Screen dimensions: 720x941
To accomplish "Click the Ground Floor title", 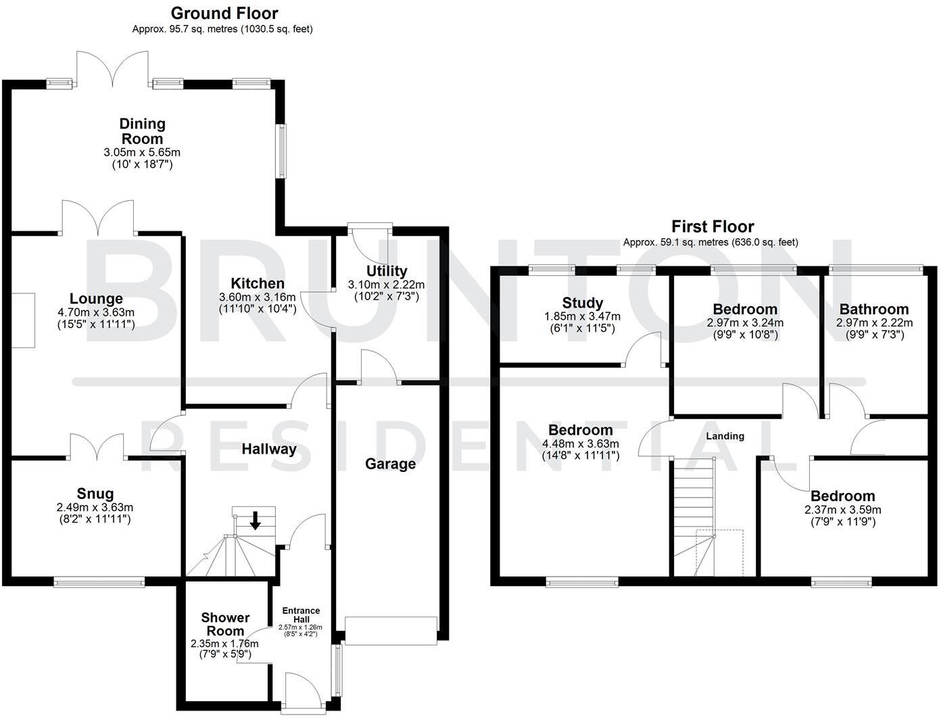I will [224, 13].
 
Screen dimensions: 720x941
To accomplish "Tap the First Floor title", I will [713, 226].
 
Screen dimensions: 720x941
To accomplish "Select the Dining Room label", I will [142, 130].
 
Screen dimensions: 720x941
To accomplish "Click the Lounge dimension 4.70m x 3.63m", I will [96, 312].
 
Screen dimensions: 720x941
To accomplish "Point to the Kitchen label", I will [257, 283].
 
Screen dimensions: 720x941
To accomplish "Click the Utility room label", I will [386, 271].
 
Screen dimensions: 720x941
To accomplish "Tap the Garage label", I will [390, 464].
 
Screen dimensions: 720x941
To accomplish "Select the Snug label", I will [95, 494].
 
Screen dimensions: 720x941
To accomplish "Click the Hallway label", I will [269, 449].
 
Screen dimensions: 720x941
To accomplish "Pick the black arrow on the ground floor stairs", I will [256, 520].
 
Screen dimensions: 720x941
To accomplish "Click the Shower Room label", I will [225, 624].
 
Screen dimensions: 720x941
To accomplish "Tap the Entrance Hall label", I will [301, 615].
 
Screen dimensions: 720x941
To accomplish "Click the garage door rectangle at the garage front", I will [391, 630].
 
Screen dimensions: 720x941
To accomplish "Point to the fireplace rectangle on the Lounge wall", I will [22, 320].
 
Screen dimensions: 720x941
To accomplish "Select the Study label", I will [582, 303].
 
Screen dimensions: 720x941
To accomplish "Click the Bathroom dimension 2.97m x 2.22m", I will [874, 323].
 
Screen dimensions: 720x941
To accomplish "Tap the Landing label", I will [725, 436].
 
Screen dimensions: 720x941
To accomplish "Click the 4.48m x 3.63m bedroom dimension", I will [580, 443].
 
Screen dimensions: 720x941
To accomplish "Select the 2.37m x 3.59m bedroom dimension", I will [842, 510].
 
